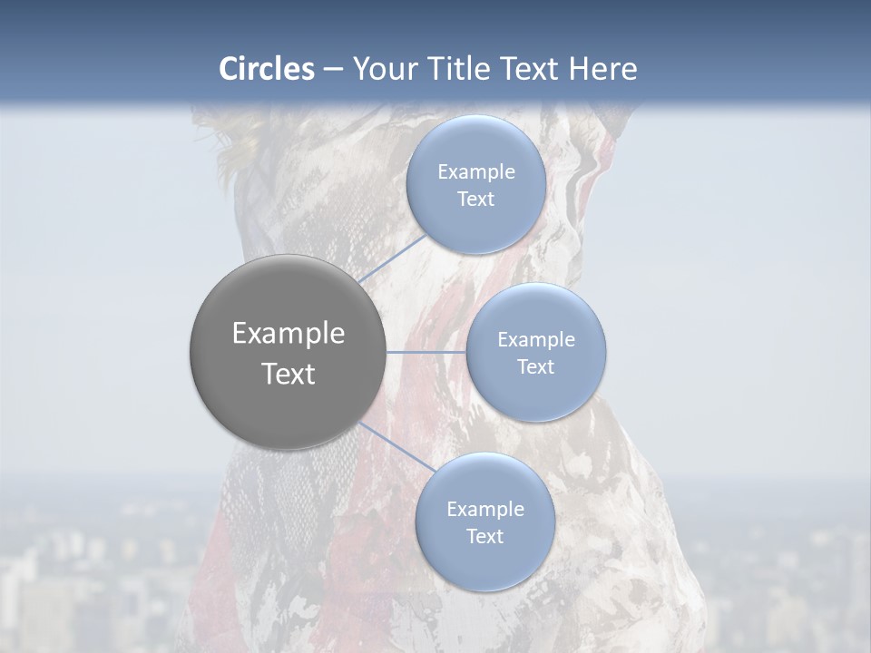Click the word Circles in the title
[x=267, y=69]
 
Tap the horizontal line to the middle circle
[x=426, y=352]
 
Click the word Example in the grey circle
[x=289, y=334]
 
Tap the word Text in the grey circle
[x=289, y=374]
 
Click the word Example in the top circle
[x=476, y=172]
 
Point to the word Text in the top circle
[x=476, y=200]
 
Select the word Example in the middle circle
[x=536, y=340]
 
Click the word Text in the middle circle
[x=536, y=367]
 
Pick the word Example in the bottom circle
[x=485, y=510]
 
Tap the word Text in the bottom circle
[x=485, y=537]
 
